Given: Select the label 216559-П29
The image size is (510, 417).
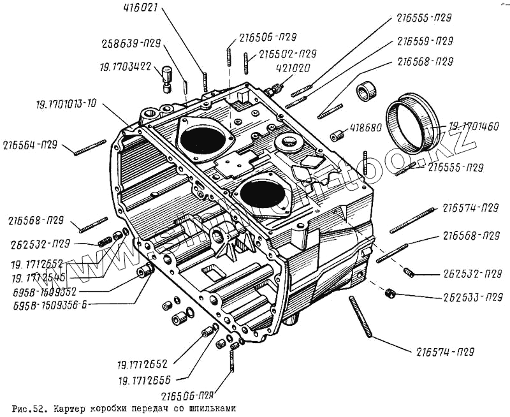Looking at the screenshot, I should point(425,41).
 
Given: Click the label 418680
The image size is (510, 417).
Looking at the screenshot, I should point(365,128).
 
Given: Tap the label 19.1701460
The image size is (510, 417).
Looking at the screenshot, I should point(474,126).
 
